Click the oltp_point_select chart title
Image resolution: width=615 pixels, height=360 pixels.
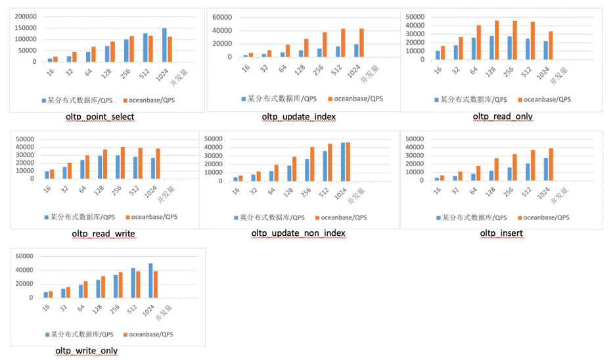point(100,117)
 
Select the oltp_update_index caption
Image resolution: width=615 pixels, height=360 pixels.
point(299,117)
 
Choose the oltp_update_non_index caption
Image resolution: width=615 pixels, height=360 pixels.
point(298,233)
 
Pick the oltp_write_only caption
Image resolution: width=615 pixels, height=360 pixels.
point(87,351)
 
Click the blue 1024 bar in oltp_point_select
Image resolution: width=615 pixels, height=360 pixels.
point(164,45)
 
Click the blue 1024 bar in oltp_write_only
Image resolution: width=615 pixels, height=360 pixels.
point(150,280)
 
